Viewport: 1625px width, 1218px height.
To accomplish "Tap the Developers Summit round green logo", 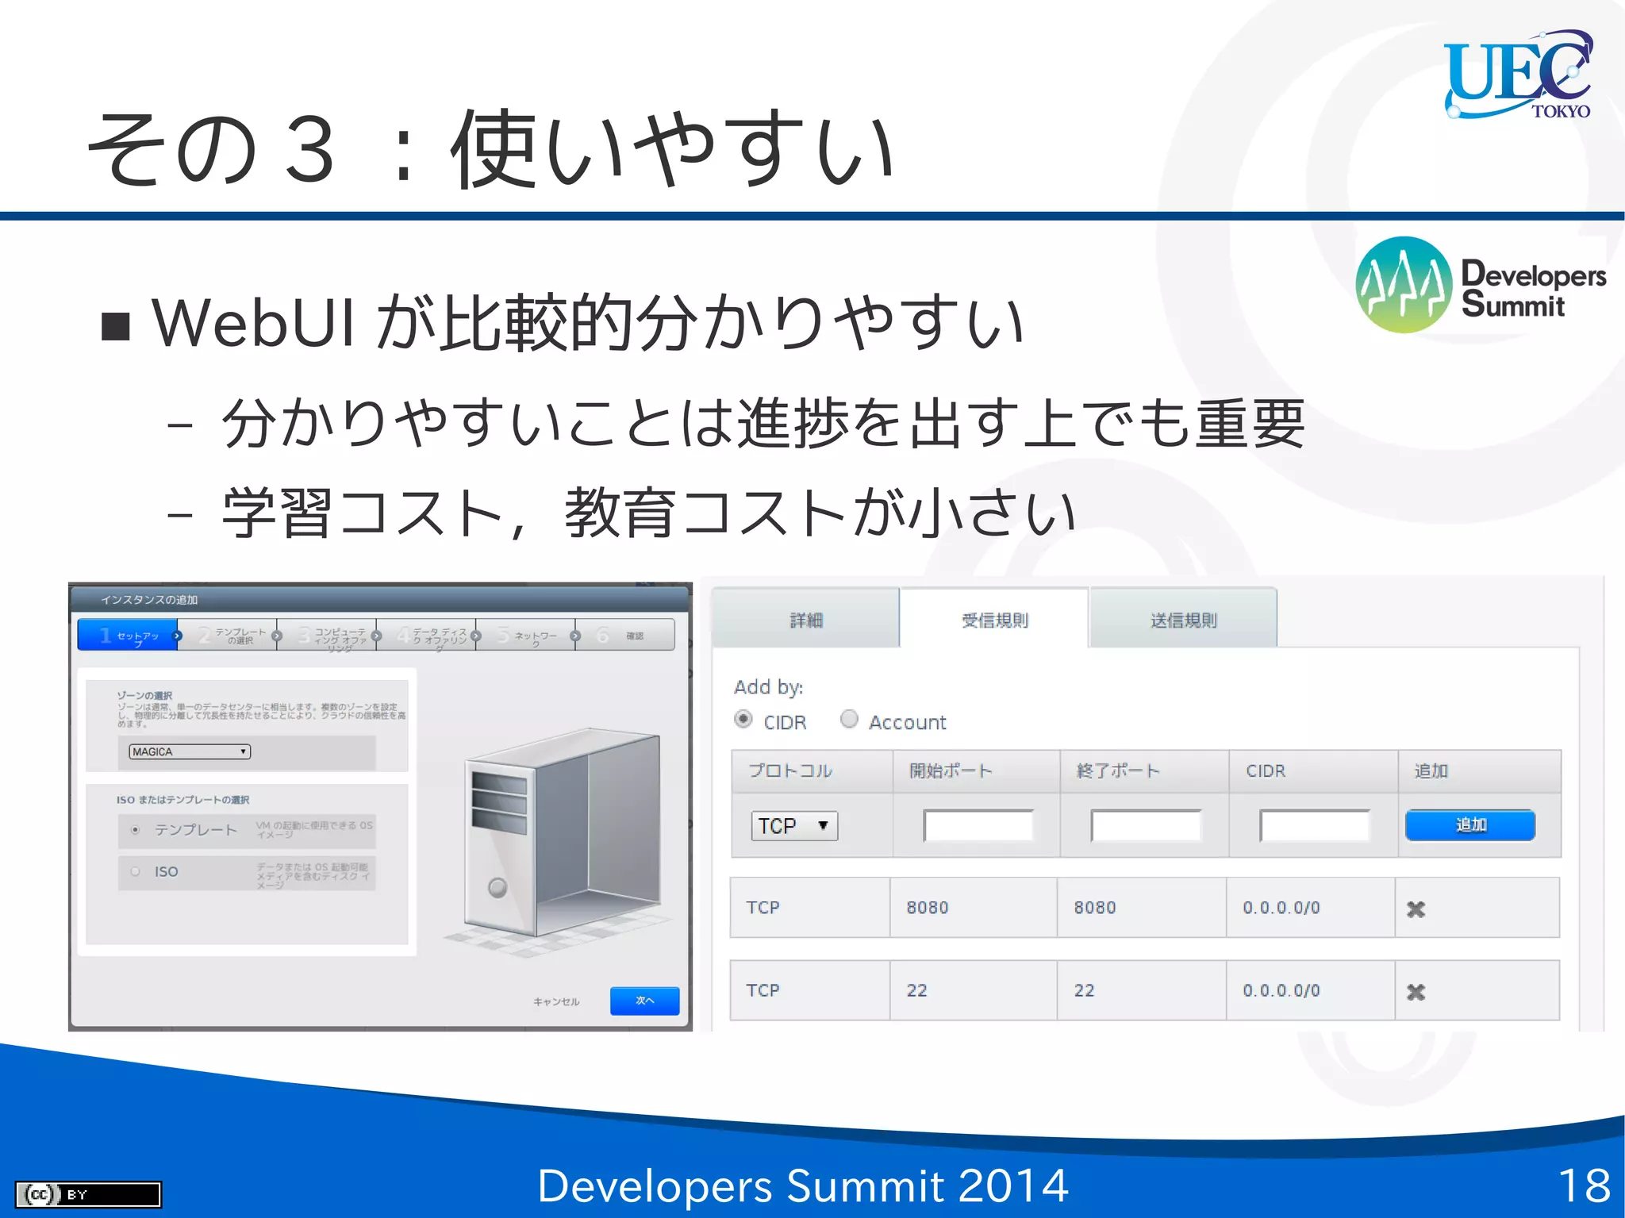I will coord(1404,285).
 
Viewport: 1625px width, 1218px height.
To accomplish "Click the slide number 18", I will coord(1584,1185).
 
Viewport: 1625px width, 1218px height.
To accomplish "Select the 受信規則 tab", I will coord(994,620).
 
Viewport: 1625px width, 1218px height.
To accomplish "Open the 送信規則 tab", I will coord(1183,620).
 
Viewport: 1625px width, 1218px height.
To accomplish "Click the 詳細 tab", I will coord(806,620).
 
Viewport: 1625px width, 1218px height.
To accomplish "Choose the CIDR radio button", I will coord(743,719).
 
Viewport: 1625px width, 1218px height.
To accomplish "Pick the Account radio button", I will coord(849,719).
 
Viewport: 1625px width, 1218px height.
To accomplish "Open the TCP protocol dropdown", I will coord(793,826).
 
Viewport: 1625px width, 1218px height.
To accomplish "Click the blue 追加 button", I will coord(1469,825).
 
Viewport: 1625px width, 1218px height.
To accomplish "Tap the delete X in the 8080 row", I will coord(1416,909).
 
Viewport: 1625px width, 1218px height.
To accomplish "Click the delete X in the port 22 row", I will coord(1416,992).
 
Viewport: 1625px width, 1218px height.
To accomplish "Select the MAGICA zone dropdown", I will coord(190,751).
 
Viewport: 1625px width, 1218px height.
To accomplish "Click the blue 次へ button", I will coord(644,1001).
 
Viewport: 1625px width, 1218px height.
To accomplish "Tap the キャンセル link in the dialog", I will coord(556,1002).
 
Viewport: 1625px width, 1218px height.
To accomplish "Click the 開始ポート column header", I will coord(951,770).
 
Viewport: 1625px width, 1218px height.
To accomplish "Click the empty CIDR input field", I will coord(1314,826).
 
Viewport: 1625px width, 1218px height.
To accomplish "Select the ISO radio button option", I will coord(136,871).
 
